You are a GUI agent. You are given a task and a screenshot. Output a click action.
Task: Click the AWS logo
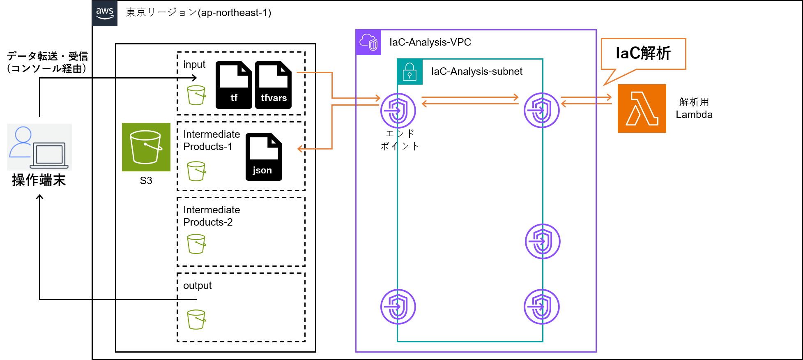[x=104, y=13]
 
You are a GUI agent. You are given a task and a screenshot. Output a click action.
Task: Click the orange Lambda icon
[x=642, y=108]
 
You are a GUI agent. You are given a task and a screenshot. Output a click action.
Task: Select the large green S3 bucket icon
[x=146, y=147]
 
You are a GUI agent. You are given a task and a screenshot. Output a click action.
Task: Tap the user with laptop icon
[x=39, y=147]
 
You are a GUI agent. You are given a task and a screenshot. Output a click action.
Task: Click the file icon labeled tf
[x=234, y=85]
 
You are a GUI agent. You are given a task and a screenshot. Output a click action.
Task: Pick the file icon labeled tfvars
[x=274, y=85]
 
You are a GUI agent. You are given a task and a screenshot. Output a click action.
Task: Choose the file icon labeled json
[x=264, y=157]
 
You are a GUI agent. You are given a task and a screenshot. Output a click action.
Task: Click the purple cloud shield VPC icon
[x=368, y=42]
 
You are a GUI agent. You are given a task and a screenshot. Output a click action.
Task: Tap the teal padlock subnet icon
[x=410, y=72]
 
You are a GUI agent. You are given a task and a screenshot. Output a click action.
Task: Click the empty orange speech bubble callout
[x=643, y=54]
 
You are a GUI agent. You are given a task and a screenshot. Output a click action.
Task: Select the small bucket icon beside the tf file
[x=196, y=95]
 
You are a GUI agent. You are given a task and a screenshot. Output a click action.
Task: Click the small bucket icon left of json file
[x=196, y=171]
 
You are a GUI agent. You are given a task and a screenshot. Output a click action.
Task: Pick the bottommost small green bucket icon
[x=196, y=319]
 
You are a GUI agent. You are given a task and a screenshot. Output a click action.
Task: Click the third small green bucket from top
[x=196, y=244]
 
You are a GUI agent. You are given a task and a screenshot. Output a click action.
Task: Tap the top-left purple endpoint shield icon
[x=398, y=111]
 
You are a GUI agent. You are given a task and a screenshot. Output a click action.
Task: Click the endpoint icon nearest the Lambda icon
[x=541, y=110]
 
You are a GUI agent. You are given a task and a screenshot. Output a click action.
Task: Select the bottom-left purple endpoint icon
[x=398, y=307]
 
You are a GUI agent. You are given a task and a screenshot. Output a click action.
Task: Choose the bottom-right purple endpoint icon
[x=541, y=307]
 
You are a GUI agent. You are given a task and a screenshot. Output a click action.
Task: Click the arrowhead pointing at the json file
[x=300, y=149]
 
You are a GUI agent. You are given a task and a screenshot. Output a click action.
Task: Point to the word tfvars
[x=274, y=98]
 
